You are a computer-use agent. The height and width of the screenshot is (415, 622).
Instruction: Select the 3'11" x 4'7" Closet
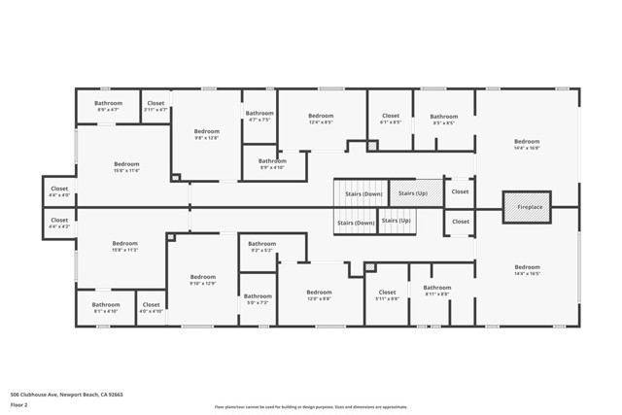pyautogui.click(x=155, y=107)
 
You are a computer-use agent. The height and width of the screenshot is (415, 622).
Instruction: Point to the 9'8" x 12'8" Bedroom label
pyautogui.click(x=206, y=134)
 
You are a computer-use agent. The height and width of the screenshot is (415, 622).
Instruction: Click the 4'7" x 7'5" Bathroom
pyautogui.click(x=259, y=117)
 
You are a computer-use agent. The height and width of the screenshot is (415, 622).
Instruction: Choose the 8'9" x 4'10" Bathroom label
pyautogui.click(x=272, y=164)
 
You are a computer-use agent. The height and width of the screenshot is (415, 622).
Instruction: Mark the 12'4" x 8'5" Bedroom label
pyautogui.click(x=321, y=120)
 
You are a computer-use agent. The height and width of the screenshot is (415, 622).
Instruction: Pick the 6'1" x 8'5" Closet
pyautogui.click(x=390, y=120)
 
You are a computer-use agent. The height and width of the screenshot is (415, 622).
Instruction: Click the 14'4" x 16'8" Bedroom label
pyautogui.click(x=527, y=145)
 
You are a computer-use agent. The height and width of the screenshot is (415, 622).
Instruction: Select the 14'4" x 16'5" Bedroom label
pyautogui.click(x=527, y=271)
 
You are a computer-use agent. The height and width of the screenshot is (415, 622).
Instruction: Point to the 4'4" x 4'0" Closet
pyautogui.click(x=59, y=191)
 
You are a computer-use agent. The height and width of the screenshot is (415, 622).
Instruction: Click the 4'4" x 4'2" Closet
pyautogui.click(x=59, y=223)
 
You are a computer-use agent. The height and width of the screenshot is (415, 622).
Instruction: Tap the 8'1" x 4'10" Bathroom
pyautogui.click(x=106, y=308)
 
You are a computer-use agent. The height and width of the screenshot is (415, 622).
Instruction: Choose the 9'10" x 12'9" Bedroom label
pyautogui.click(x=202, y=281)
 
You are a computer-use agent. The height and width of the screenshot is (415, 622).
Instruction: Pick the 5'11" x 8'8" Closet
pyautogui.click(x=387, y=295)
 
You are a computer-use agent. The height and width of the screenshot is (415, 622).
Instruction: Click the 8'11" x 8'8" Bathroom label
pyautogui.click(x=436, y=291)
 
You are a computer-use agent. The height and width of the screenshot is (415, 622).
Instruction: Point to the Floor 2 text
pyautogui.click(x=20, y=408)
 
